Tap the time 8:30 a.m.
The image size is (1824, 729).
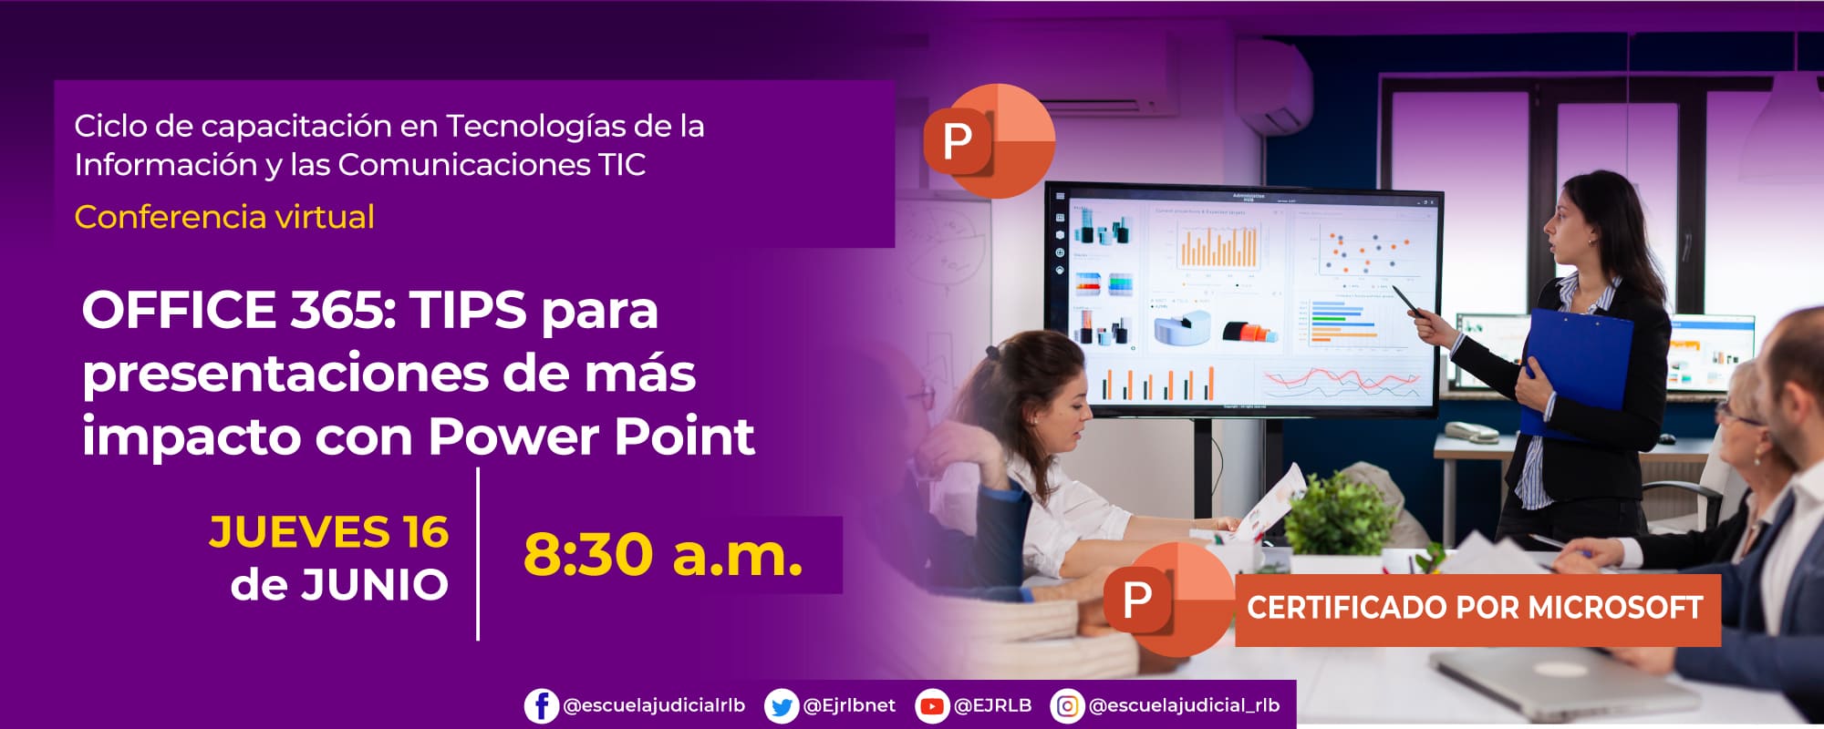click(x=663, y=554)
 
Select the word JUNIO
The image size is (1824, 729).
click(x=375, y=585)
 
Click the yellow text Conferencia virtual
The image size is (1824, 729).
click(x=224, y=217)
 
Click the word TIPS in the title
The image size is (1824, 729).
click(x=468, y=310)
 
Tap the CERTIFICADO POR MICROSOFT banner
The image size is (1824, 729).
click(x=1476, y=609)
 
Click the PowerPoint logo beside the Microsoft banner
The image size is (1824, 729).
click(x=1167, y=600)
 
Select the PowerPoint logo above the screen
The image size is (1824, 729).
click(x=989, y=141)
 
